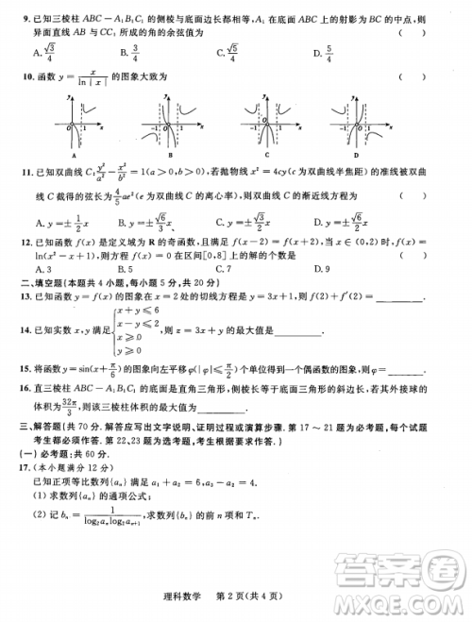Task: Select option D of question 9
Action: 325,53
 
